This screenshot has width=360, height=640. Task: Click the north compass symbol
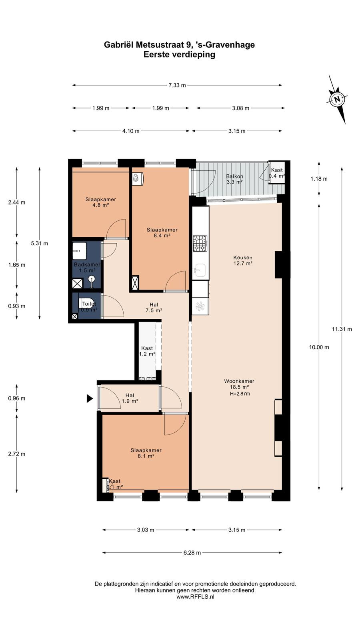point(337,100)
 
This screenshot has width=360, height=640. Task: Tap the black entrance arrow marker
point(90,398)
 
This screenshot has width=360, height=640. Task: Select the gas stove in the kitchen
point(200,244)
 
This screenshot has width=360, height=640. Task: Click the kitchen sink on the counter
point(200,270)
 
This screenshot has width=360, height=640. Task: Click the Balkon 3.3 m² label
point(234,179)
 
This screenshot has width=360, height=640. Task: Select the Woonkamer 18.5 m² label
point(239,384)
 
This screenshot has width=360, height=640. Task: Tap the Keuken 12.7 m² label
point(243,260)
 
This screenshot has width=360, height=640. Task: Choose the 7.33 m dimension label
point(177,85)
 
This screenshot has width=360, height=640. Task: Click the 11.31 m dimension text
point(342,329)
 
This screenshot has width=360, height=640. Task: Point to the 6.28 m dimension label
point(192,553)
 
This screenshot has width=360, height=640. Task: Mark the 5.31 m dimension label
point(40,244)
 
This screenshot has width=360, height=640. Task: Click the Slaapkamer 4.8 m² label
point(100,202)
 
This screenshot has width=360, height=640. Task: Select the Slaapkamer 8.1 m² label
point(146,453)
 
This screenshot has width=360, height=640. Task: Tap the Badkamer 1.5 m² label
point(87,268)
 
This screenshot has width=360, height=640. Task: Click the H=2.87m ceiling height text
point(240,394)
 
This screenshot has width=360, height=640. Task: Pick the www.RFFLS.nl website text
point(196,596)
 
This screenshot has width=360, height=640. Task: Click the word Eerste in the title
point(156,54)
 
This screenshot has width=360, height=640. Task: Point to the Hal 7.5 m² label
point(154,308)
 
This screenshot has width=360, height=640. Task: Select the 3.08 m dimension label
point(240,108)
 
